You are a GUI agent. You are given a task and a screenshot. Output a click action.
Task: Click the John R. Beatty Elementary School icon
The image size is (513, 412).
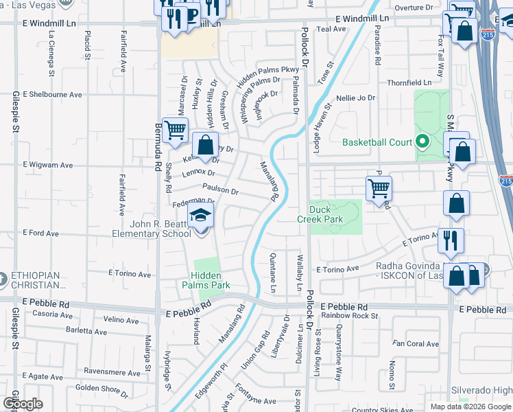[x=201, y=219]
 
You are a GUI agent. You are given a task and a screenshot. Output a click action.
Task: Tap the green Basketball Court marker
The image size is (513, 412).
[x=422, y=143]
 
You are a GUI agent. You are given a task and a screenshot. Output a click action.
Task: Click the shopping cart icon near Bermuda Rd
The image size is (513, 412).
[x=176, y=128]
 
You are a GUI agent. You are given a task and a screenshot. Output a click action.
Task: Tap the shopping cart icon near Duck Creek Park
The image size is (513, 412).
[x=379, y=187]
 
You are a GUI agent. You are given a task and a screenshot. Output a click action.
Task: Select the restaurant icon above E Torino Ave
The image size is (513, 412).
[x=451, y=240]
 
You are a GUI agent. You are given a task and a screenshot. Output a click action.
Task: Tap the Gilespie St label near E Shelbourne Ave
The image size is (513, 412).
[x=15, y=113]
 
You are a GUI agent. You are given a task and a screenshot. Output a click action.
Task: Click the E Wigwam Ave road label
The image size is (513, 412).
[x=48, y=165]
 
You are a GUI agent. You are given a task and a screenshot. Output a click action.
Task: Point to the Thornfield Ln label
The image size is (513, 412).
[x=409, y=82]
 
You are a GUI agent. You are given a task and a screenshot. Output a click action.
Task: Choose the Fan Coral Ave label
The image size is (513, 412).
[x=416, y=343]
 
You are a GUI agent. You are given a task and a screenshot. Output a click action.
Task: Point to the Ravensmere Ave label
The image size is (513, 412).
[x=113, y=372]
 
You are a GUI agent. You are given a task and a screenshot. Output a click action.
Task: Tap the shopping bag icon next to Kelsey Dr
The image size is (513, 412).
[x=205, y=145]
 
